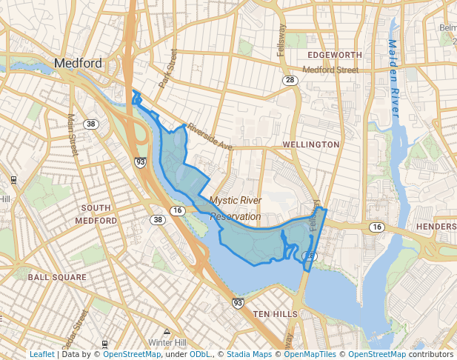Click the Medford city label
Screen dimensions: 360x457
coord(78,63)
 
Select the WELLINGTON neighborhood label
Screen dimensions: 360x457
coord(311,144)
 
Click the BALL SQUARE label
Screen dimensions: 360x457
coord(57,277)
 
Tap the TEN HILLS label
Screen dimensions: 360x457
coord(276,314)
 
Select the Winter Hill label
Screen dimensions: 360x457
coord(167,343)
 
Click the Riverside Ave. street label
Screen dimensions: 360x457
coord(210,137)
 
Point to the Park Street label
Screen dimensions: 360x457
coord(169,69)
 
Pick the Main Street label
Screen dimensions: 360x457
coord(73,133)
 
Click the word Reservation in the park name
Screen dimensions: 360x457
coord(236,217)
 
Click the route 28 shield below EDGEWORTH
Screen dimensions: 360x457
coord(290,80)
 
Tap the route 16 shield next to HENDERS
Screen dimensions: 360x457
coord(377,227)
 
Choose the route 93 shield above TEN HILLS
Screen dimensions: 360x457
coord(237,303)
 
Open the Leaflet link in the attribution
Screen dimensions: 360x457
coord(41,354)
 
